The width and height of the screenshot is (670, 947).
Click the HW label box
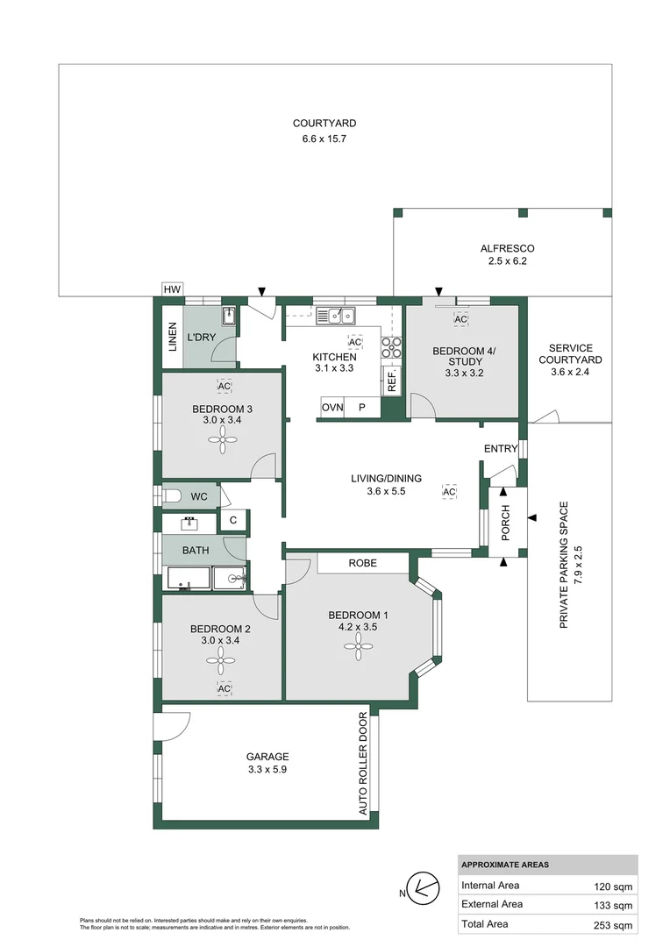coord(172,289)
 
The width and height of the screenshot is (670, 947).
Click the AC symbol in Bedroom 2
coord(224,688)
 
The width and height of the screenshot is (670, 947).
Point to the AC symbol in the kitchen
coord(355,342)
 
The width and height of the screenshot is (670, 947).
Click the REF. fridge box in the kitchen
coord(391,380)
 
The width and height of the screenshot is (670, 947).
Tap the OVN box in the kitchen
coord(331,408)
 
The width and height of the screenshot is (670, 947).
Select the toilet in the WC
coord(172,497)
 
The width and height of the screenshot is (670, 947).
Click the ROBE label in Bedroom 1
coord(362,563)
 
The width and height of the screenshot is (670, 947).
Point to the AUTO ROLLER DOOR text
coord(364,764)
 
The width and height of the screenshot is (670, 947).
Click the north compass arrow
coord(425,888)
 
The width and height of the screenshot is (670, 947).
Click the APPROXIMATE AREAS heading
coord(505,865)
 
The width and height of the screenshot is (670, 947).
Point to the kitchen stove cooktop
coord(391,347)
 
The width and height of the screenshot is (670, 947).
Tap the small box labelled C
coord(232,521)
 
